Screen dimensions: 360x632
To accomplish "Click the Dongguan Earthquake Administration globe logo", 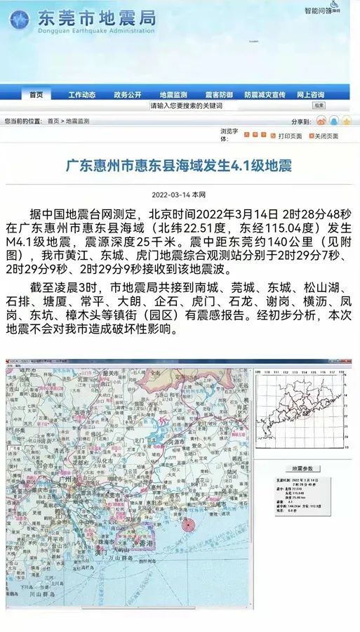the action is [x=20, y=19].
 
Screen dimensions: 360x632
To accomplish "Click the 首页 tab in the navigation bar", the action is [x=36, y=95].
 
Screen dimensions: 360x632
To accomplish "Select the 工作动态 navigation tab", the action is [x=82, y=95].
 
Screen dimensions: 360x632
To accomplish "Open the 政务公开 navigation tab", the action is [x=128, y=95].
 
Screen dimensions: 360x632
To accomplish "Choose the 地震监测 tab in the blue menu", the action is [x=173, y=95].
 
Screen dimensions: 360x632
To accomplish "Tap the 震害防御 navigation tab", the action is [x=219, y=95].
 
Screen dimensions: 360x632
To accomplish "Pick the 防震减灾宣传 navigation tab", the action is [x=265, y=95].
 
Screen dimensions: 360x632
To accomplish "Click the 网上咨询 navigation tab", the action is [x=310, y=95].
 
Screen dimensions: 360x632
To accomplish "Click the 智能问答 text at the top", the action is [x=318, y=11].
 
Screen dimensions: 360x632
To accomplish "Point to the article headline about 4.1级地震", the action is [x=179, y=166].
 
